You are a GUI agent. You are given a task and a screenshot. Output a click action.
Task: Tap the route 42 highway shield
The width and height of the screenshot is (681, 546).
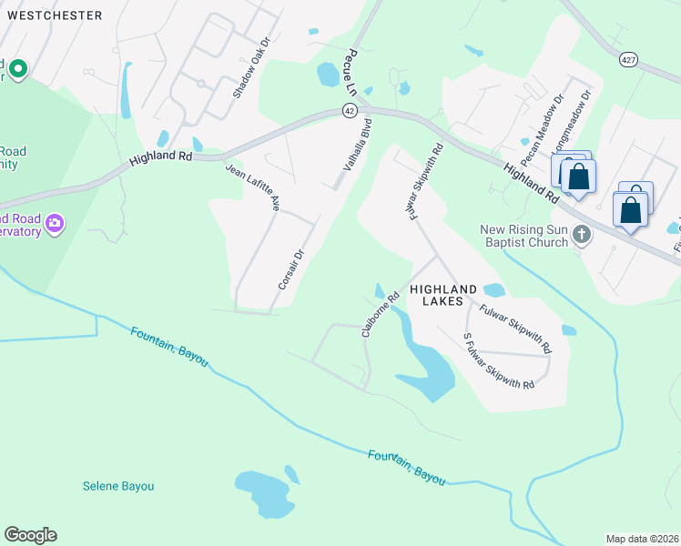350,110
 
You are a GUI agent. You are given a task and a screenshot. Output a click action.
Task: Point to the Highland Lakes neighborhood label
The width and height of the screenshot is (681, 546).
443,293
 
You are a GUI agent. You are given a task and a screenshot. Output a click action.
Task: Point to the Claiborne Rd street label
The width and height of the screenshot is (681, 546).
381,315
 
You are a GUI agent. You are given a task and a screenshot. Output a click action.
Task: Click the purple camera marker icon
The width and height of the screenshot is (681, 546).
55,224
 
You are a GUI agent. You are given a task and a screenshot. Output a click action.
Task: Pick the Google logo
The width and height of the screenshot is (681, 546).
30,535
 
